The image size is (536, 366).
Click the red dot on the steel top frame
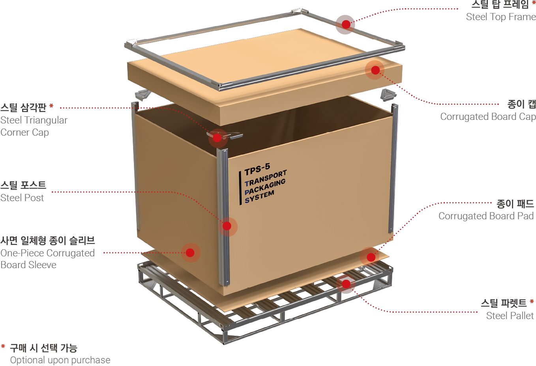[346, 24]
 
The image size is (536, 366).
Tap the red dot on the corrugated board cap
[375, 70]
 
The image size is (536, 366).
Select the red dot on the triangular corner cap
[217, 138]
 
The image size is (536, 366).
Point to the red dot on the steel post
[227, 226]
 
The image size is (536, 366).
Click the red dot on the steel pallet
[346, 284]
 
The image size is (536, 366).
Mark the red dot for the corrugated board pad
[371, 258]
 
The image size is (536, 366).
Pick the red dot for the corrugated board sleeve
[190, 253]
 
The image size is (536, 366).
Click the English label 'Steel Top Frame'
[500, 17]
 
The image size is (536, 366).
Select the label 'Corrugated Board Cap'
[488, 117]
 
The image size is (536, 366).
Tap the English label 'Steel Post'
[22, 198]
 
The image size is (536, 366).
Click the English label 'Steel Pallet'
[510, 316]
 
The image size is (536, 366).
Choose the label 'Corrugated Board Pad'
[486, 216]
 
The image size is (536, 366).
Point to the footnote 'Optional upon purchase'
[60, 360]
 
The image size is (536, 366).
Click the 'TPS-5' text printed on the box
[257, 170]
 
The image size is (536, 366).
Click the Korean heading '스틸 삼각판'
[23, 108]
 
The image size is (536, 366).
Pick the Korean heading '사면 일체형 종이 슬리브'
[47, 241]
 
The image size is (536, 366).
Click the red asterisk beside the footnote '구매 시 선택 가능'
[3, 347]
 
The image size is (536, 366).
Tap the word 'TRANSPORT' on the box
[266, 178]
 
